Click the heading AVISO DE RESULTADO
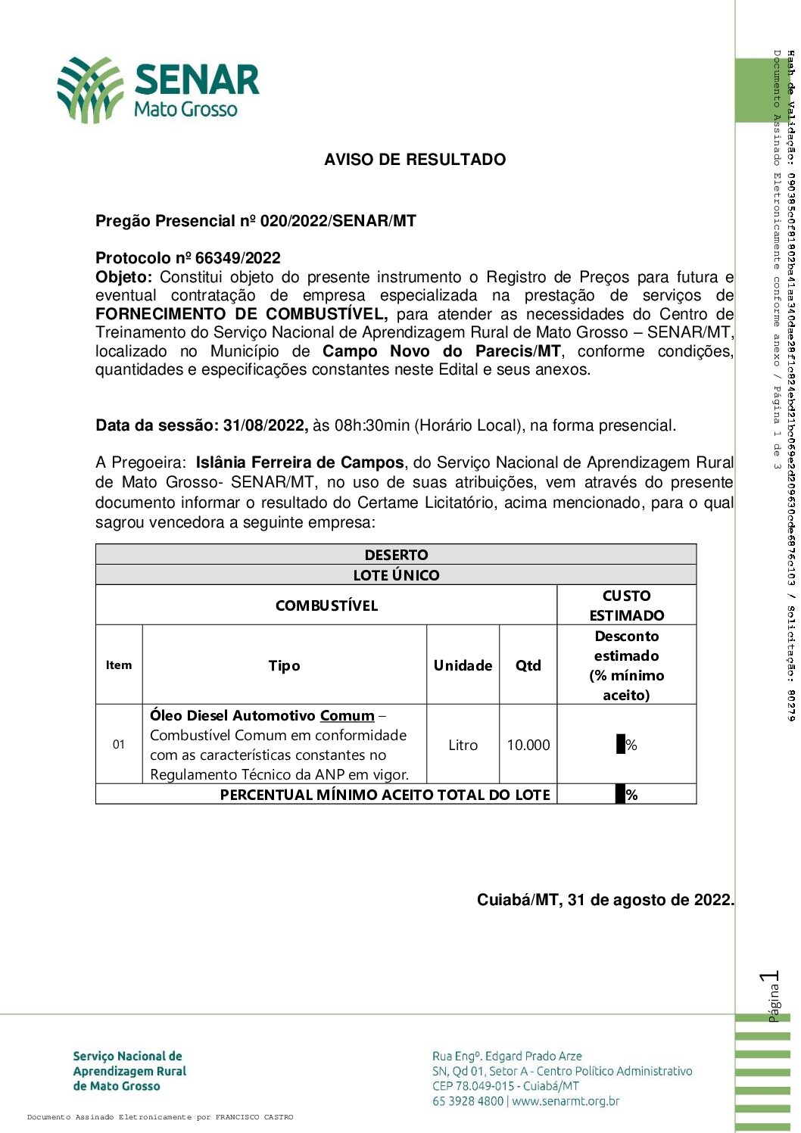pos(415,160)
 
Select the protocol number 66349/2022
pos(238,258)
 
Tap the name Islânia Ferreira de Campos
pos(300,462)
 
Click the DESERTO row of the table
pos(396,555)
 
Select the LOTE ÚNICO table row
pos(396,575)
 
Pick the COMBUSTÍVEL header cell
pos(326,605)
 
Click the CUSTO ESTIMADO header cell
pos(627,605)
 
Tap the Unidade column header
pos(463,665)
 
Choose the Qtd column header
pos(528,665)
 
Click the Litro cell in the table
pos(463,745)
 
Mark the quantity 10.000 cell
pos(528,745)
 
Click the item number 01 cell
pos(119,745)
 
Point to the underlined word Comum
pos(347,716)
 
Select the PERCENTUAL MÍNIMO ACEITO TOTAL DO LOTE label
pos(385,795)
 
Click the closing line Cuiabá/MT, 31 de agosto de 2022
pos(605,900)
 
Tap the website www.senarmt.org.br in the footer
pos(566,1101)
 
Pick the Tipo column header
pos(284,665)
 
